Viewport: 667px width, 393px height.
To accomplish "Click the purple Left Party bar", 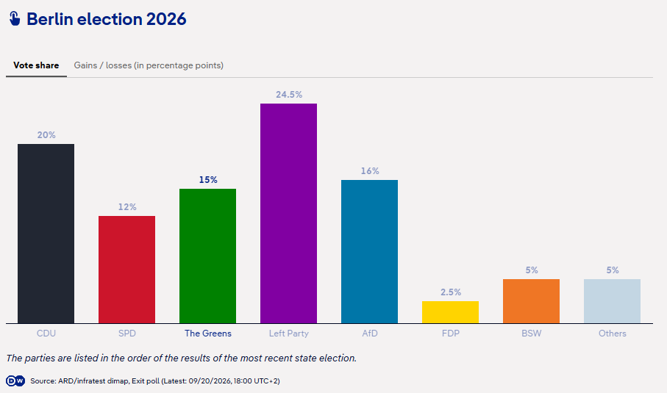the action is pos(288,213).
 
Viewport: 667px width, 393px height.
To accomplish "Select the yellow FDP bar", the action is pos(450,312).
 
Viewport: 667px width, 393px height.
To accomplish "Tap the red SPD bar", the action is pos(126,270).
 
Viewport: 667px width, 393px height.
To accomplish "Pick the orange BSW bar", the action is pos(531,301).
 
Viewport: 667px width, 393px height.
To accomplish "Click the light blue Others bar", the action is pos(612,301).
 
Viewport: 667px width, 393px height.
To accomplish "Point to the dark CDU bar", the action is pos(46,234).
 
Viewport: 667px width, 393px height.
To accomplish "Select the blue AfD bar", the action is pos(369,251).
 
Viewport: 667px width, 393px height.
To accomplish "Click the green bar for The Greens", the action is pos(207,256).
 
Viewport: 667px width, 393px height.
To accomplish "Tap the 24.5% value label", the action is pos(289,95).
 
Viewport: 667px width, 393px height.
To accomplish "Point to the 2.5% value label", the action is pos(451,292).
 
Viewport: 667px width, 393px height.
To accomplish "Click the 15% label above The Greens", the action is pos(208,180).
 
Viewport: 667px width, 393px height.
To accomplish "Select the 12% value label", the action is pos(127,207).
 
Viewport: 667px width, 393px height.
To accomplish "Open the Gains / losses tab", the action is pos(149,65).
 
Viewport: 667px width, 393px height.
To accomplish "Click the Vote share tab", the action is pos(36,65).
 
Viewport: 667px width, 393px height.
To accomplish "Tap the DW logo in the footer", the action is pos(15,381).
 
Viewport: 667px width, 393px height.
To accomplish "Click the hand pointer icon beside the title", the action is pos(15,18).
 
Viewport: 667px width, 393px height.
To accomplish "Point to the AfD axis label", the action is pos(370,333).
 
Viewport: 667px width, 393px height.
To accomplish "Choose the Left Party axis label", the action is pos(289,333).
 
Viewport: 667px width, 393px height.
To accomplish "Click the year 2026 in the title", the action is pos(166,19).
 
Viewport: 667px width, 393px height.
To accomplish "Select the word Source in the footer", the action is pos(43,381).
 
